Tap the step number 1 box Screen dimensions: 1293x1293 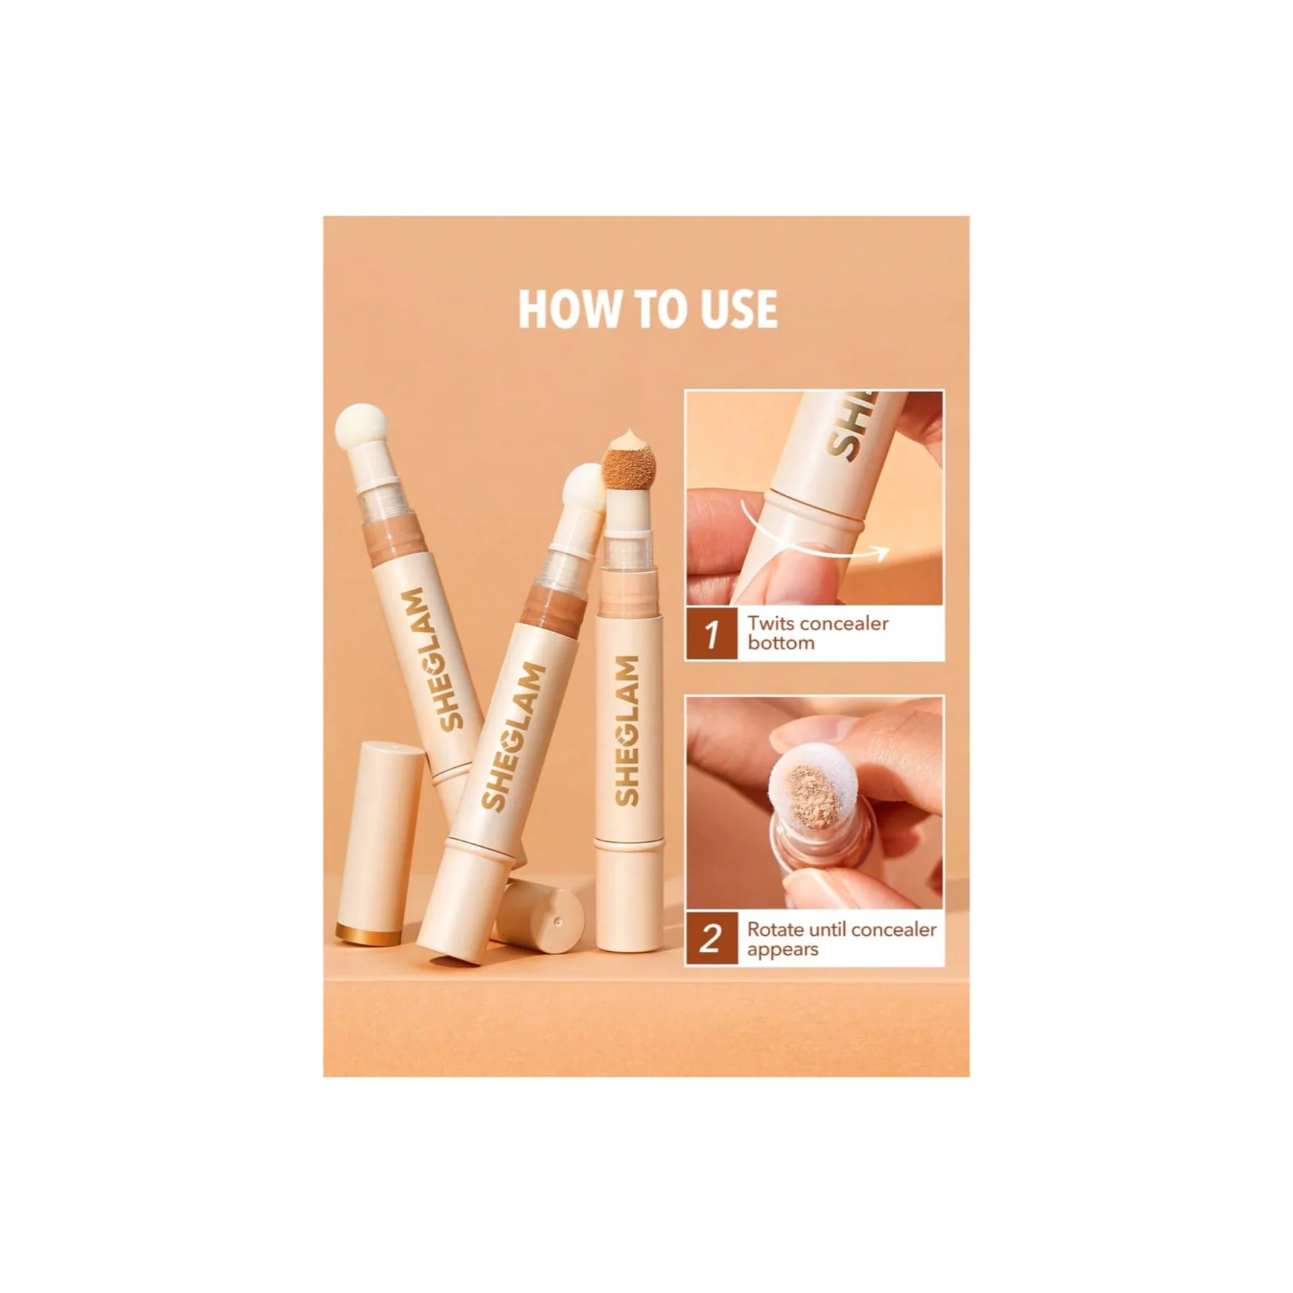click(x=712, y=634)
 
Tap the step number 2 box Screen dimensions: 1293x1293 click(x=712, y=939)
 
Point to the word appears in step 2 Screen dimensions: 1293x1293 click(x=782, y=950)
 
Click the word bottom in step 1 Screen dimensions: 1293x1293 click(x=781, y=643)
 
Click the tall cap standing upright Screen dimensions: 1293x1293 click(x=381, y=845)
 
